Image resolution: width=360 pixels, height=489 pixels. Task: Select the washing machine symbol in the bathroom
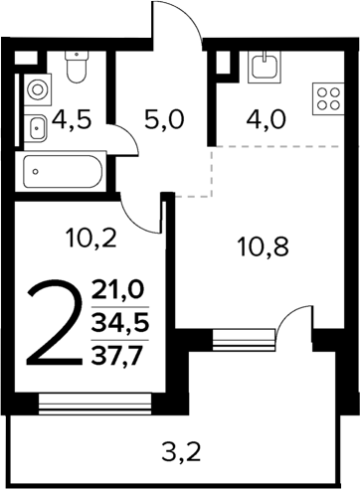point(36,87)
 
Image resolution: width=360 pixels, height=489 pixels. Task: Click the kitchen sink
point(265,66)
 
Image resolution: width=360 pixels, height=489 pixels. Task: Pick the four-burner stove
point(326,97)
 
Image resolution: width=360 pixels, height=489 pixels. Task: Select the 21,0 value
point(116,290)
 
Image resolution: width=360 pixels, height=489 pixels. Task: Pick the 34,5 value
point(116,324)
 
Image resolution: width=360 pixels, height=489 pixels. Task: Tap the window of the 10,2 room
point(96,403)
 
